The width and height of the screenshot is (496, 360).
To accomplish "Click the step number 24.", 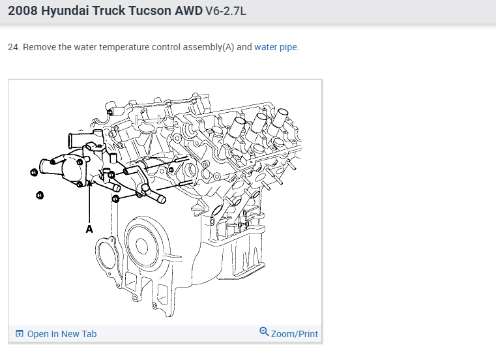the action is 14,48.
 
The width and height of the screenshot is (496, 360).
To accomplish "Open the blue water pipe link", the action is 276,48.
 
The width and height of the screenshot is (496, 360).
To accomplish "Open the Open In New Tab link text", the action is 62,334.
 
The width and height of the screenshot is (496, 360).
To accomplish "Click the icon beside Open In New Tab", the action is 20,334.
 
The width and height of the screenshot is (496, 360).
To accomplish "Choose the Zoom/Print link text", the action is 295,334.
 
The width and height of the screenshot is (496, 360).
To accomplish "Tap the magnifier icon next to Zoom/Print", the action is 264,332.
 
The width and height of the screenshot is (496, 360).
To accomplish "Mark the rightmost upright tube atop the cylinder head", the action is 282,119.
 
